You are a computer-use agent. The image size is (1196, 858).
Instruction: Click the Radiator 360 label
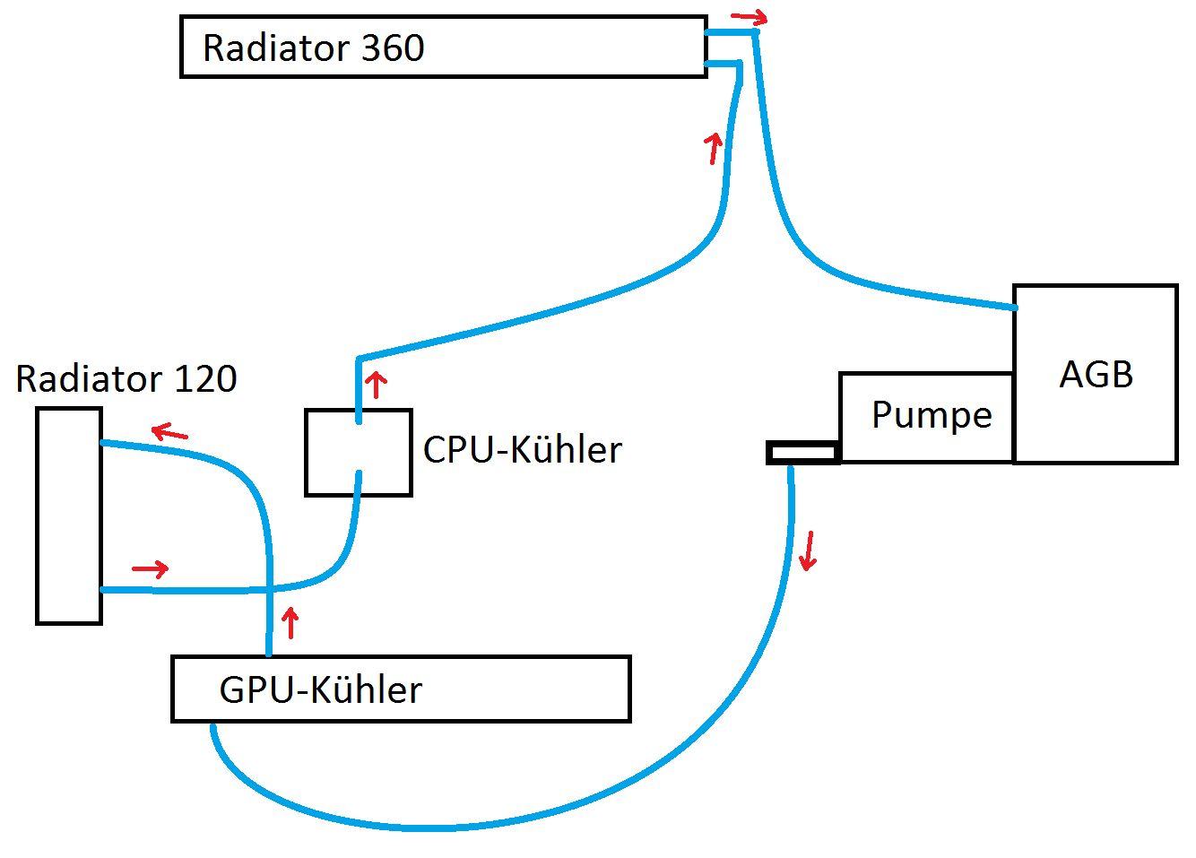313,48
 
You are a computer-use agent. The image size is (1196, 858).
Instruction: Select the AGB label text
1096,374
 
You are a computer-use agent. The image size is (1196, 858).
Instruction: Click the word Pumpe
932,415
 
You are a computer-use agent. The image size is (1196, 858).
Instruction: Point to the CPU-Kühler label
522,449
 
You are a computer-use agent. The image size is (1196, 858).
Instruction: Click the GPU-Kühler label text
320,689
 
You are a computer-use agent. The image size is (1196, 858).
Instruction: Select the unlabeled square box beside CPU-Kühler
359,453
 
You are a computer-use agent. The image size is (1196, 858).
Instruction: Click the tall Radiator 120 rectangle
69,516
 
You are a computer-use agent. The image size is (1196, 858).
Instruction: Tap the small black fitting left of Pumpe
803,453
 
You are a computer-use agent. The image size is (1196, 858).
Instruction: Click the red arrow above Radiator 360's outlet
750,16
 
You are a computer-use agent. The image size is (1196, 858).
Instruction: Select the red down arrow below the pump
809,550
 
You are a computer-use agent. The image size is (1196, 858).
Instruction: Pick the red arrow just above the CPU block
377,385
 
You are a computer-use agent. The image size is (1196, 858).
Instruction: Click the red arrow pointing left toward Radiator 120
169,433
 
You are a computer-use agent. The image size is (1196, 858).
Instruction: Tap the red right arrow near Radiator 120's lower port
151,568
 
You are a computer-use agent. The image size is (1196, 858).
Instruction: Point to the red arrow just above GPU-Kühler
290,621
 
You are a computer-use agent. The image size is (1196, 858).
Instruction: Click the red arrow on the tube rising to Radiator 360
714,148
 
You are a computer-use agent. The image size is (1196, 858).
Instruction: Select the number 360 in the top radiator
393,48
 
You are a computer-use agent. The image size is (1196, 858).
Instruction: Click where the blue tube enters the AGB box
1014,308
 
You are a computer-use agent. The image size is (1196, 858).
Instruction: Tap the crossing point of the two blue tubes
269,589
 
